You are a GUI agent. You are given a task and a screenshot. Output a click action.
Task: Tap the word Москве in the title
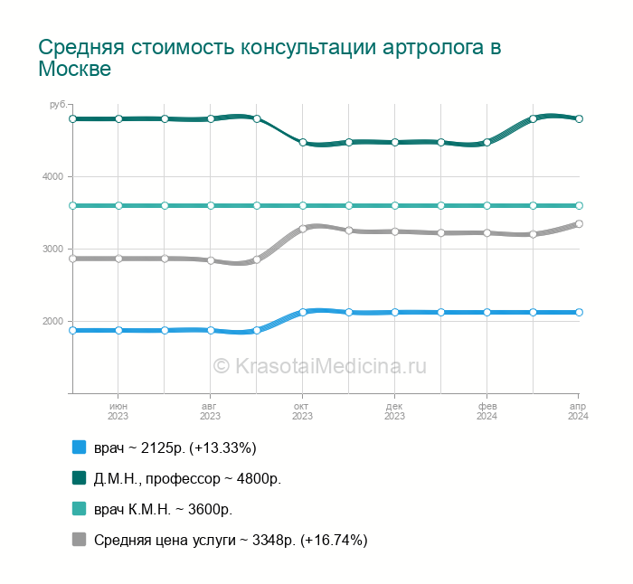(75, 70)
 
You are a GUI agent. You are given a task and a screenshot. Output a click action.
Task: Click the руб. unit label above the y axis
(58, 106)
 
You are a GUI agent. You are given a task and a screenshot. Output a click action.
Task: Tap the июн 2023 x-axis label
(118, 411)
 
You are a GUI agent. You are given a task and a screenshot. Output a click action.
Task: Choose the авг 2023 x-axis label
(210, 411)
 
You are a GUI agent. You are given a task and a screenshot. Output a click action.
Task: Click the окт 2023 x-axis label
(302, 411)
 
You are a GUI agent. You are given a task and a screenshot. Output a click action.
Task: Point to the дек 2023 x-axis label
(394, 411)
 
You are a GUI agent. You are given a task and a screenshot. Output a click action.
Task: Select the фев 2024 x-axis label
(487, 411)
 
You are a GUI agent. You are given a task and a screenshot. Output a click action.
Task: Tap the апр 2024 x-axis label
(578, 411)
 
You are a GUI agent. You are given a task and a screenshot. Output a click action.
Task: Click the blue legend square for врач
(79, 447)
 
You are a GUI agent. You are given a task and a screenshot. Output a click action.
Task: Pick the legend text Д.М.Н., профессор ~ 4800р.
(187, 478)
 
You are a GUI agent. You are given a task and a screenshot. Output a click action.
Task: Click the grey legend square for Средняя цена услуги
(79, 540)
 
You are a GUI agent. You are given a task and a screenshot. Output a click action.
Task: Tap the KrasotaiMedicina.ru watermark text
(319, 366)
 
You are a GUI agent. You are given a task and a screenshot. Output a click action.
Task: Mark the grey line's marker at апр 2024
(579, 223)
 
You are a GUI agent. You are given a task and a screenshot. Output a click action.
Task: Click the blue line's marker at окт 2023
(303, 312)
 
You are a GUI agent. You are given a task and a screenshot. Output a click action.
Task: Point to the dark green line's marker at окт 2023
(303, 143)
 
